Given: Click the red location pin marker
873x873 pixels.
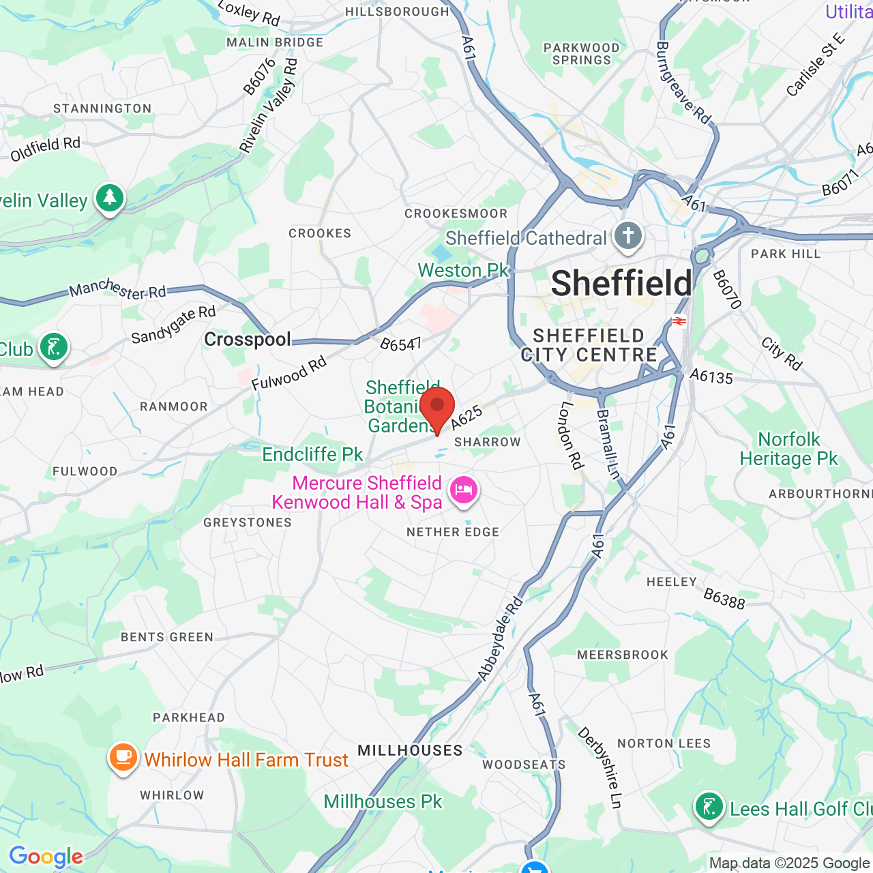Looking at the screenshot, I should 437,407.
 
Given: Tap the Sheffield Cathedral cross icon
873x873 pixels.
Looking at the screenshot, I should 628,237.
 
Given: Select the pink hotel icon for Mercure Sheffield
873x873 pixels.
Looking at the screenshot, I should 464,490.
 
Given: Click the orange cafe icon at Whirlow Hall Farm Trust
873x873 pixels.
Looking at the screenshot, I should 123,757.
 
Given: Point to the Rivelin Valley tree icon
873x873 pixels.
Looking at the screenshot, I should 110,198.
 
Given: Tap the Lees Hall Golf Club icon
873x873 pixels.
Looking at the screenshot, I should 709,807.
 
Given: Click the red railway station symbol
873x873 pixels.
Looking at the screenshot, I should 679,321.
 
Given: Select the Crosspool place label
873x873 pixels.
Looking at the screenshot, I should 248,339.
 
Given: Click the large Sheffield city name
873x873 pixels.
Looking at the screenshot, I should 621,284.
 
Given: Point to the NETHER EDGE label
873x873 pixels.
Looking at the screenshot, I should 453,532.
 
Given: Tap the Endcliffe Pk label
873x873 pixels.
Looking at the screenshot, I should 312,454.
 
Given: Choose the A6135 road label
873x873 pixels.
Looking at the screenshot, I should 711,376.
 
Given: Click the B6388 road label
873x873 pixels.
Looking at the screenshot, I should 724,598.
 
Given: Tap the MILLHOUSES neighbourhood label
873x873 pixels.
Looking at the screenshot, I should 410,750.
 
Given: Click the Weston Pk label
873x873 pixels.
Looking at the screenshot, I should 463,271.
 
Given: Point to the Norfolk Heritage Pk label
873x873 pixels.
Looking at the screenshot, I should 788,449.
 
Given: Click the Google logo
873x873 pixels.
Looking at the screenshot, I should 46,857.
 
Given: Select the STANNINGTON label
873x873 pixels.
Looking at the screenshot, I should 102,108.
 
